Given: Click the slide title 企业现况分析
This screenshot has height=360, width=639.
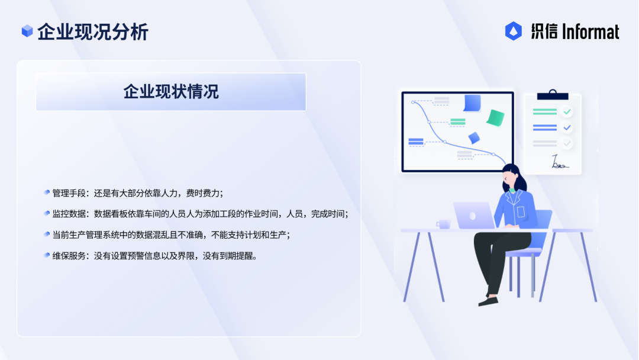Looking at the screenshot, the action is coord(93,32).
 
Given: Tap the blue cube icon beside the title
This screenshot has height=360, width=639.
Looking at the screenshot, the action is coord(27,31).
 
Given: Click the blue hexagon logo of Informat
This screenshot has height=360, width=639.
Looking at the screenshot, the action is coord(514,31).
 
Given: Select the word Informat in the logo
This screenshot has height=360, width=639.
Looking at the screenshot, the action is coord(590,32).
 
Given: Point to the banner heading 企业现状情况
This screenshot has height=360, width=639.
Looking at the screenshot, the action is coord(171,92).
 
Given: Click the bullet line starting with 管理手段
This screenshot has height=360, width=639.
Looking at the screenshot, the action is coord(138,193).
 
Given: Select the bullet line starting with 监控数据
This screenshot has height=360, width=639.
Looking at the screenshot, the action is coord(200,214).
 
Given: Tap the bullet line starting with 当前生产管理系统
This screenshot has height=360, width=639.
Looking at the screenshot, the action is coord(171,235).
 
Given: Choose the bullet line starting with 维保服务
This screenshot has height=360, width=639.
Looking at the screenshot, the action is coord(155,256).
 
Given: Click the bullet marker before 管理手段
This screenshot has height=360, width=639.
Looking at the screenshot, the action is coord(47,192).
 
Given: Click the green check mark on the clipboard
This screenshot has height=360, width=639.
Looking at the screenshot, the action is coord(567,111).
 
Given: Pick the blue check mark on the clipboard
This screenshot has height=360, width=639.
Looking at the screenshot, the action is coord(567,128).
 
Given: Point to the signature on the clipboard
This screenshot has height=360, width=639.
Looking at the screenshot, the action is coord(559,162).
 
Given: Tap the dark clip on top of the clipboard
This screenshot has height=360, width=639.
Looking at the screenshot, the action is coord(553,95).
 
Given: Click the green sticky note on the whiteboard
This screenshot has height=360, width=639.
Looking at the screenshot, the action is coord(496,118).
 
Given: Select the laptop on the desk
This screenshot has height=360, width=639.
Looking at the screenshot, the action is coord(475,216).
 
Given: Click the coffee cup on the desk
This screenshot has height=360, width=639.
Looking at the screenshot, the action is coord(444,224).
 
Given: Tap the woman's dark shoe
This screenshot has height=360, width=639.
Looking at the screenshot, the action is coord(488,301).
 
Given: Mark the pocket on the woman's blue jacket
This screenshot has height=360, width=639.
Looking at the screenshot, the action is coord(521,211).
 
